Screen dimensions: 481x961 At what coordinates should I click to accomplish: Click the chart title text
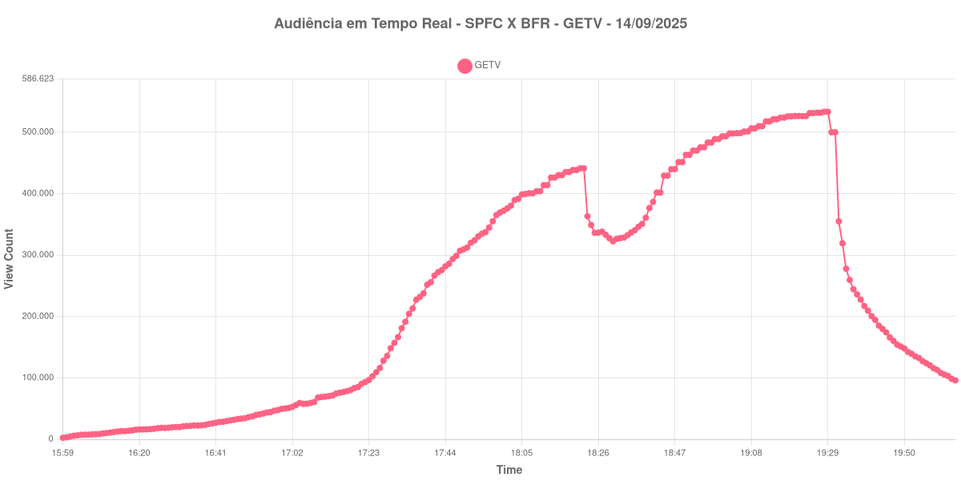480,24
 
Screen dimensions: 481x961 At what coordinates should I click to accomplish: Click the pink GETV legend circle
464,66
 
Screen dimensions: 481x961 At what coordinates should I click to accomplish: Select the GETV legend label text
488,66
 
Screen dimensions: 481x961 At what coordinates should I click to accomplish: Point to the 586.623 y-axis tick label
38,79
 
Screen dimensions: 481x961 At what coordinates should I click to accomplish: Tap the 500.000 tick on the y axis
38,131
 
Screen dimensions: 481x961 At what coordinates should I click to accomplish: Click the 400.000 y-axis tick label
38,193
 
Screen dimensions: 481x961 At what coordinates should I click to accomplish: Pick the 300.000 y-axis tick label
38,255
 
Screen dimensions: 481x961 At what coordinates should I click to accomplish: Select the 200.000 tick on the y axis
38,316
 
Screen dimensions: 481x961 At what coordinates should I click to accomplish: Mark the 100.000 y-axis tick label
38,378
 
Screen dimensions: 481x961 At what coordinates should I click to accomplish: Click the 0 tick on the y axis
50,439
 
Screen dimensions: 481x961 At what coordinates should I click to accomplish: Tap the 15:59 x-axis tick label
62,453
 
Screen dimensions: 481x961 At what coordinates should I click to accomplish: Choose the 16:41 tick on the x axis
215,453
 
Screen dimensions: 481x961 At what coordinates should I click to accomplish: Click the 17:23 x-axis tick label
368,453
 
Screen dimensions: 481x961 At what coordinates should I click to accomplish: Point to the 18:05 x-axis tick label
521,453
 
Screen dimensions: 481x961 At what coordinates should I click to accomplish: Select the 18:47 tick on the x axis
674,453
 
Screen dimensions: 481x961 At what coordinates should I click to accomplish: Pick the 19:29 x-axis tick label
827,453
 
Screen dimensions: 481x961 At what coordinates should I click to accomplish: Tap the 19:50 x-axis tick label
904,453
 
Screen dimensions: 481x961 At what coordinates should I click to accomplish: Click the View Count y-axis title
10,259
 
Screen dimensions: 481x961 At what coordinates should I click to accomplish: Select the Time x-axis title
509,470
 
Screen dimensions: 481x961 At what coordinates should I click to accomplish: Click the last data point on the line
955,380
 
